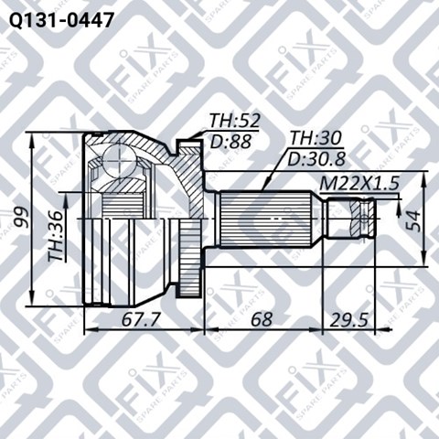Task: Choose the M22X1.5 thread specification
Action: pyautogui.click(x=359, y=184)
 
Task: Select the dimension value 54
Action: pyautogui.click(x=414, y=220)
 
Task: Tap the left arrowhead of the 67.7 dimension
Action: pyautogui.click(x=88, y=328)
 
